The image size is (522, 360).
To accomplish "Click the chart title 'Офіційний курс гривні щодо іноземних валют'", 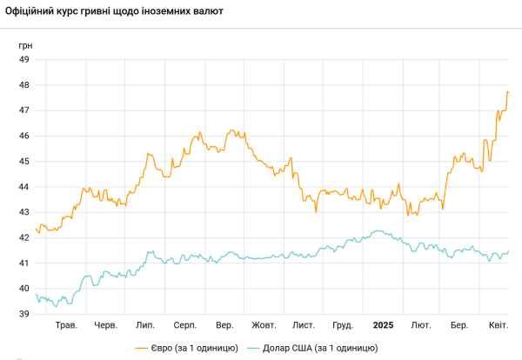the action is coord(114,11).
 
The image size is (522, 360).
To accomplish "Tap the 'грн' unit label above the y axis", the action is coord(25,45).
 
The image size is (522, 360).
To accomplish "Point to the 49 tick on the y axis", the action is coord(24,59).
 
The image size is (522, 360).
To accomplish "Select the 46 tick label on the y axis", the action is coord(24,136).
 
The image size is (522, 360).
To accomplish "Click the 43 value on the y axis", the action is coord(24,212).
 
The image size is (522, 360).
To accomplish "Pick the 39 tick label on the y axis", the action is coord(24,314).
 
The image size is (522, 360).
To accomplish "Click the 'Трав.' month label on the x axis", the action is coord(66,325).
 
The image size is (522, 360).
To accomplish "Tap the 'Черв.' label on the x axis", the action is coord(106,325).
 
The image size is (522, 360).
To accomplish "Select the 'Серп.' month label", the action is coord(185,325).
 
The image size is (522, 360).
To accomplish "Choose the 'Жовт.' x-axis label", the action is coord(264,325).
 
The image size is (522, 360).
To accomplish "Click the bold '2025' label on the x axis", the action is coord(383,325).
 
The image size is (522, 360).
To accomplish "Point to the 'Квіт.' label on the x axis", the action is coord(499,325).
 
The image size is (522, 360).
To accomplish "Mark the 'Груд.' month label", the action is coord(343,325).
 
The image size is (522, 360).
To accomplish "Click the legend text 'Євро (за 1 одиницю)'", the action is coord(194,348).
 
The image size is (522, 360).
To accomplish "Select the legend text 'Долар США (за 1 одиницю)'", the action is coord(320,348).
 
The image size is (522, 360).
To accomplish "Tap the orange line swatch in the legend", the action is coord(141,349).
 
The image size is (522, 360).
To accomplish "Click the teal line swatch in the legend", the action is coord(253,349).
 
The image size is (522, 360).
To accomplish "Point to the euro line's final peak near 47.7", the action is coord(507,91).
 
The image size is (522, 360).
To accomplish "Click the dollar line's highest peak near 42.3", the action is coord(378,231).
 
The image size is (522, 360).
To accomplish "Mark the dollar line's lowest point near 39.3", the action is coord(56,306).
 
